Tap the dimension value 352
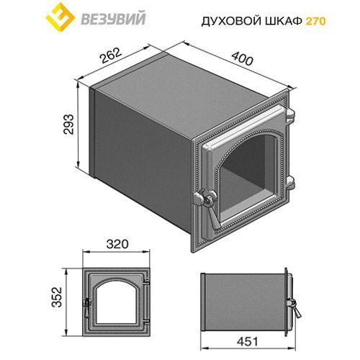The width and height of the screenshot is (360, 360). click(63, 297)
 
